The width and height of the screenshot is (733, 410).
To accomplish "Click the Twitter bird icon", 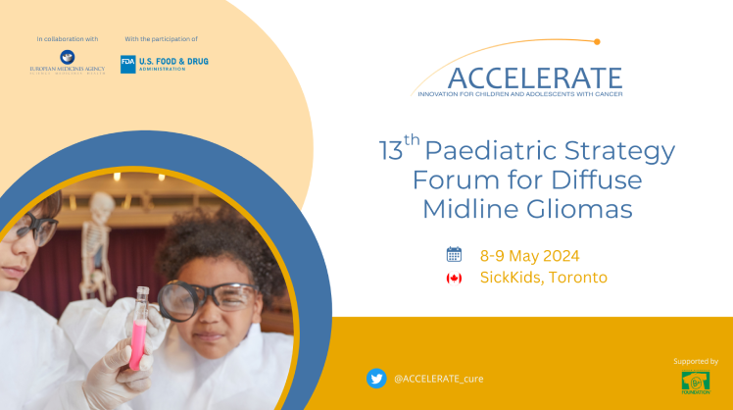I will coord(375,378).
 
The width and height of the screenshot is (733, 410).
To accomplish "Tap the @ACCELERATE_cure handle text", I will coord(438,379).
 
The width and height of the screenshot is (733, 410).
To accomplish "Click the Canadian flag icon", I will coord(454,278).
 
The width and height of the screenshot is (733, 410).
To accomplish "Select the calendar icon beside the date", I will coord(454,254).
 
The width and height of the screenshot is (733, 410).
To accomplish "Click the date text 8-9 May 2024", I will coord(532,254).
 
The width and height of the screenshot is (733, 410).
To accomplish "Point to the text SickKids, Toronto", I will coord(543,278).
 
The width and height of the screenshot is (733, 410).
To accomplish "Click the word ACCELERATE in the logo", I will coord(533,77).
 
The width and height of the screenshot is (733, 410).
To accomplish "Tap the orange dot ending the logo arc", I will coord(596,41).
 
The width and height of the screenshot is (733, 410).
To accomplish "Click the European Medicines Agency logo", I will coord(68,64).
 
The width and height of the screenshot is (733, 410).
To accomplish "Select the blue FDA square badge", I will coord(127,64).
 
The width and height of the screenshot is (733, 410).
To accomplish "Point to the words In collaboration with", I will coord(68,39).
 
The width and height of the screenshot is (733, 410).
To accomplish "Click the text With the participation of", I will coord(161,39).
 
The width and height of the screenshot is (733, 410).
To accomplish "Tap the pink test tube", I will coord(139,328).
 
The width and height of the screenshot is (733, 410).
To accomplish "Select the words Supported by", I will coord(696,361).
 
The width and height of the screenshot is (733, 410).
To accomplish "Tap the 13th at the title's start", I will coord(399,150).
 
